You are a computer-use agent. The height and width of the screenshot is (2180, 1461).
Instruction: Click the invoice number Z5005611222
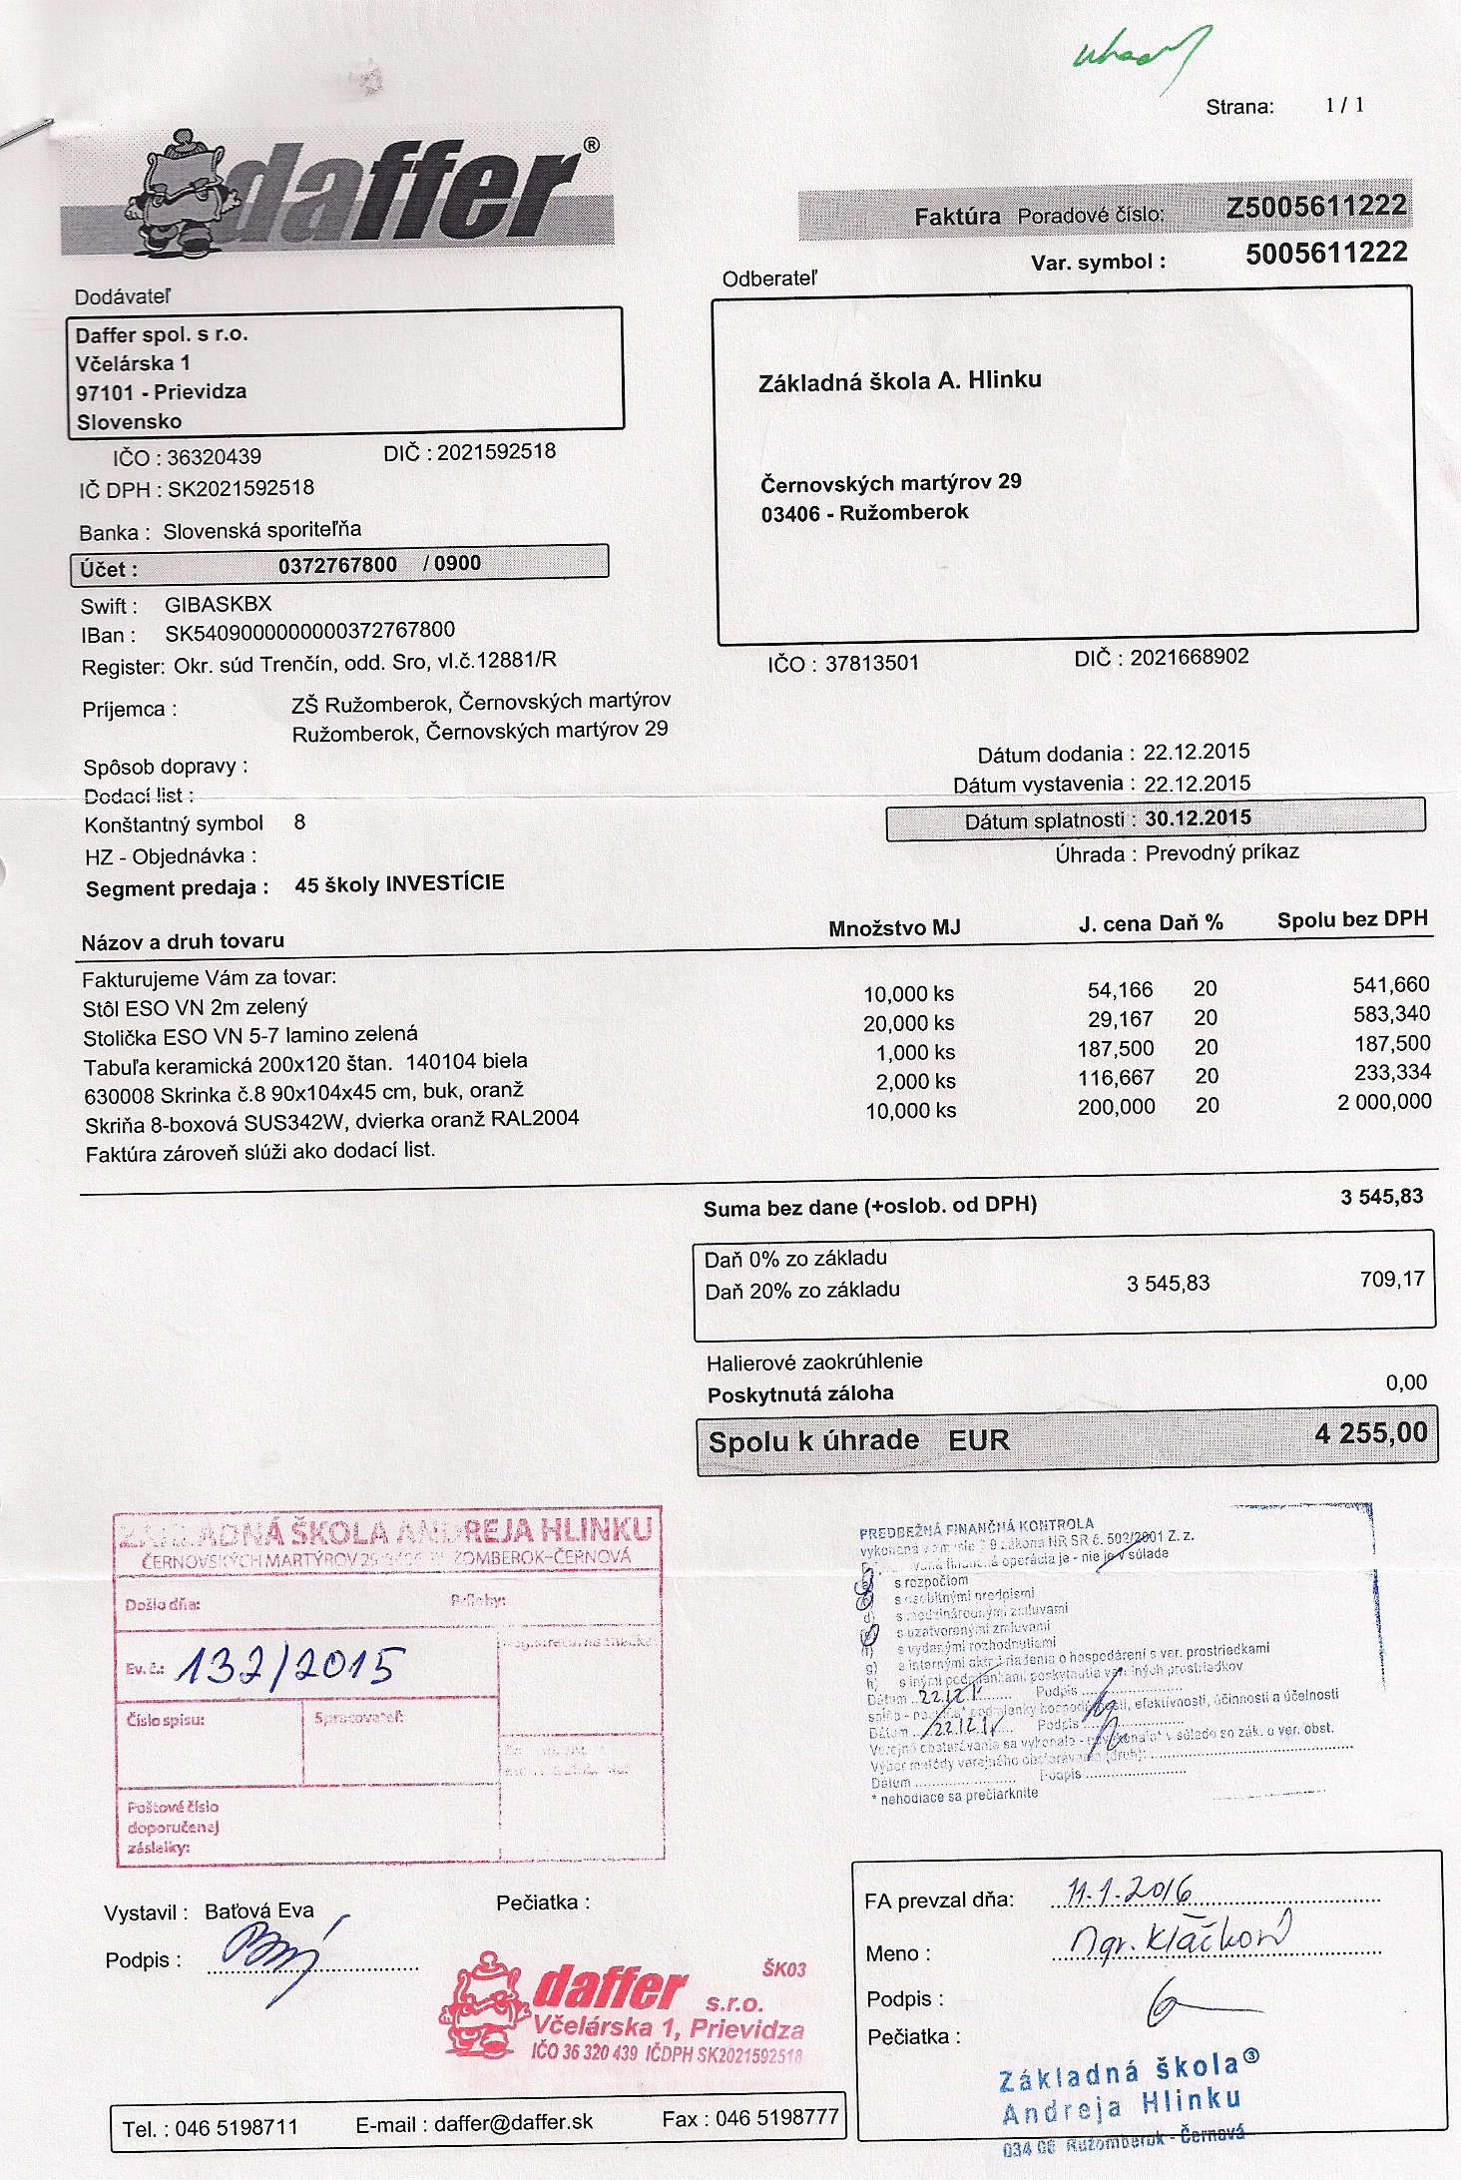tap(1315, 207)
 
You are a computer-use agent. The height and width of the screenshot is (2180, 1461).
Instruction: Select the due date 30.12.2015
tap(1198, 818)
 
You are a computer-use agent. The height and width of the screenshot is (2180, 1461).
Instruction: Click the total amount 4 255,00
tap(1370, 1434)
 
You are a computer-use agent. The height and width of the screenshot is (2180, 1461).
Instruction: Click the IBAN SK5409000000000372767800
tap(309, 632)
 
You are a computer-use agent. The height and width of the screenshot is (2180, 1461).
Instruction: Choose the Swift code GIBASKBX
tap(218, 604)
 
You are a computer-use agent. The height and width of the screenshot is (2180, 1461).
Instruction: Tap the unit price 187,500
tap(1116, 1049)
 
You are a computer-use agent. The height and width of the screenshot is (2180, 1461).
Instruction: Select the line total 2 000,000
tap(1384, 1102)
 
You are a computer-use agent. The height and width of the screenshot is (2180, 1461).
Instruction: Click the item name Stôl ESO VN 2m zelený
tap(196, 1007)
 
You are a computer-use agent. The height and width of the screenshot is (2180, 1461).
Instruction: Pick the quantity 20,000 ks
tap(908, 1023)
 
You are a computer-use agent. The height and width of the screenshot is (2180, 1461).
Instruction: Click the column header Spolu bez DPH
tap(1352, 919)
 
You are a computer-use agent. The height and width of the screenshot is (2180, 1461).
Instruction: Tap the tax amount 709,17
tap(1391, 1279)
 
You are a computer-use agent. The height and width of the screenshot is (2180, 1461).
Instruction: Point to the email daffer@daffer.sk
tap(513, 2123)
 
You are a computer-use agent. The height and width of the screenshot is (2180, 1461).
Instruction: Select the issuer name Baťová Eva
tap(258, 1911)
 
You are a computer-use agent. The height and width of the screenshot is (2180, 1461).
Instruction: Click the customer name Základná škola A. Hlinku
tap(899, 380)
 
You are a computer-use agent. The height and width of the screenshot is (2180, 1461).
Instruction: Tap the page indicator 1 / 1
tap(1344, 105)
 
